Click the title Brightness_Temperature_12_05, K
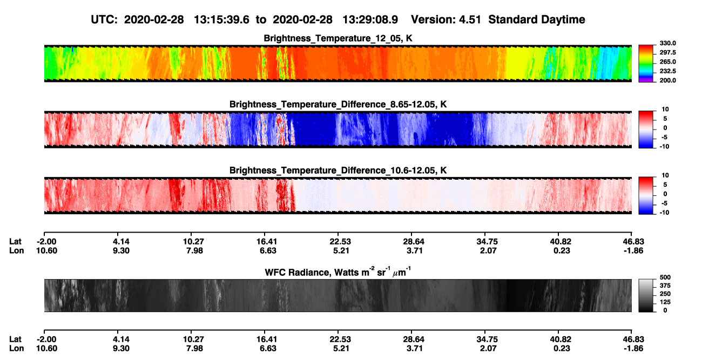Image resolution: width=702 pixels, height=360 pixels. click(x=338, y=38)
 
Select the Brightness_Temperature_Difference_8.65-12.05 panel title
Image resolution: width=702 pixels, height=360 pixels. click(x=338, y=104)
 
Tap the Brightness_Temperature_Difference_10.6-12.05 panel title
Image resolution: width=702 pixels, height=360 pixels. click(x=338, y=171)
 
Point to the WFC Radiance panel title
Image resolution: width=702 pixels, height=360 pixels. click(x=338, y=272)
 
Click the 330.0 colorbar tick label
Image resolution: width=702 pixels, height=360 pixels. click(x=667, y=43)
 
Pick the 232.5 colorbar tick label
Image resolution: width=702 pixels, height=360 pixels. click(x=667, y=71)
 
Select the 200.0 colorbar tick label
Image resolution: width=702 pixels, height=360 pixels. click(x=667, y=80)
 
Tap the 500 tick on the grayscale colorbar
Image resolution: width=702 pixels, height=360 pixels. click(x=665, y=277)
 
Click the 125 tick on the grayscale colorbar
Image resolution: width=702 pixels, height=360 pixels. click(x=665, y=302)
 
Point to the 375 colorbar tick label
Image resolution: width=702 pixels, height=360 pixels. click(x=665, y=286)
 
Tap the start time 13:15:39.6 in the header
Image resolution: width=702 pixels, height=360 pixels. click(x=221, y=19)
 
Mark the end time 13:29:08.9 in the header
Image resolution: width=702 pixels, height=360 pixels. click(x=370, y=19)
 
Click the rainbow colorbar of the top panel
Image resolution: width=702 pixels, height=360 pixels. click(x=646, y=64)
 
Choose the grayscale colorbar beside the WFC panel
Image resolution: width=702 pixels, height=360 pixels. click(x=646, y=295)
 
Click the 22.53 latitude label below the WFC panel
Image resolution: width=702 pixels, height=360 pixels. click(x=340, y=339)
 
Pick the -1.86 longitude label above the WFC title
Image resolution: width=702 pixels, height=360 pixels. click(x=633, y=250)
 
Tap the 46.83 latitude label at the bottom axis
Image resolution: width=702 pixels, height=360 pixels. click(x=633, y=339)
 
